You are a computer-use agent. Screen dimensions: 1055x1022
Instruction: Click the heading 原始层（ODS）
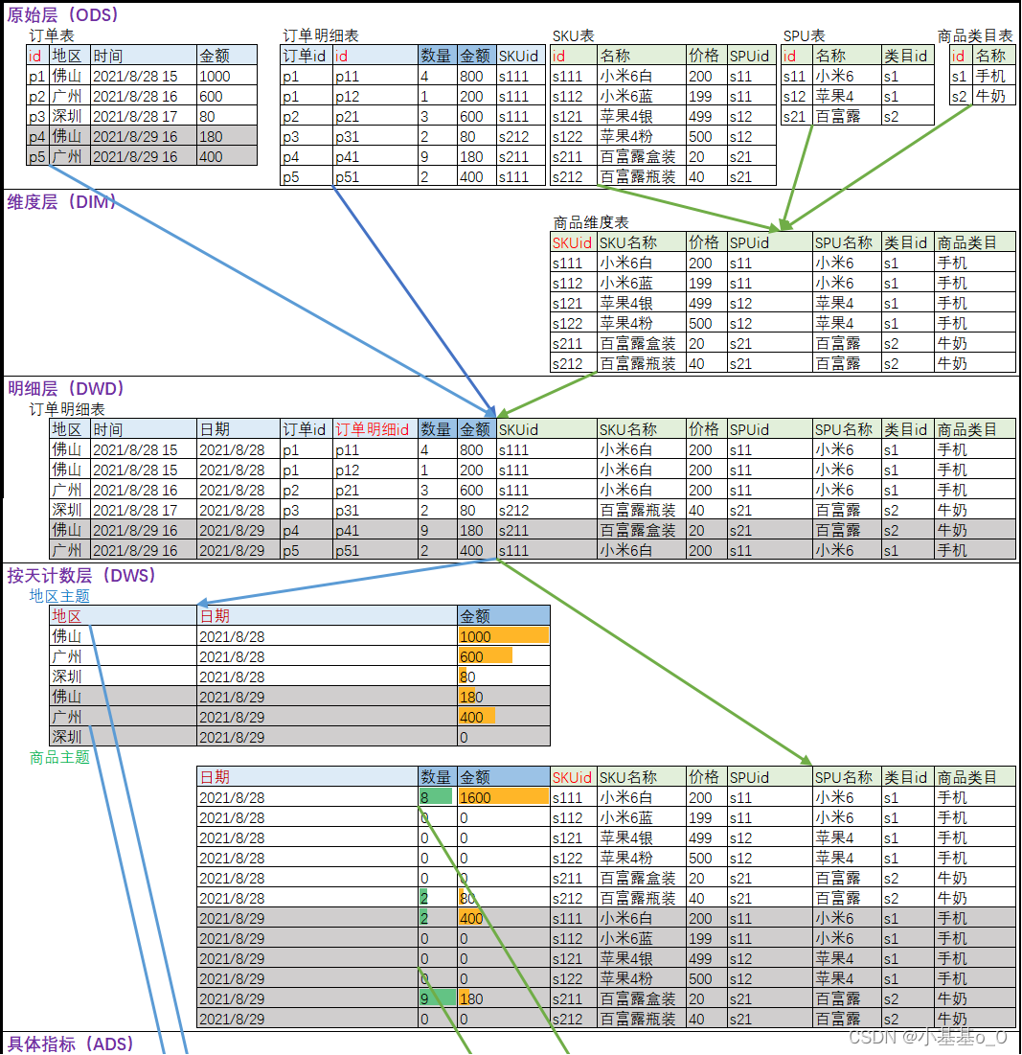click(63, 15)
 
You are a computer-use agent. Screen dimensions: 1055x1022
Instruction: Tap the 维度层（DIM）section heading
click(61, 202)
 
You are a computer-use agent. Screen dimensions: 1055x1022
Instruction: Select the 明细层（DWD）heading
click(66, 389)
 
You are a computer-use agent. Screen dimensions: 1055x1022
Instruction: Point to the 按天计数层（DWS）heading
click(81, 576)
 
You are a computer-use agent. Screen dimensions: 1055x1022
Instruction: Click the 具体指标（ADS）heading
click(71, 1044)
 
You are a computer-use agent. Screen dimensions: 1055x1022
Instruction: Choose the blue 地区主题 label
click(59, 596)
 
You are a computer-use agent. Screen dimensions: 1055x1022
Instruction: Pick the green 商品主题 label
click(59, 758)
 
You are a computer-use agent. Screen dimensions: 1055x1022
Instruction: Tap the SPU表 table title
click(804, 36)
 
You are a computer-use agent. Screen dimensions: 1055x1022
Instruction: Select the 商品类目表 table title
click(975, 36)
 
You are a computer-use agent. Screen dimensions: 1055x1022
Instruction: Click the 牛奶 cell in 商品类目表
click(990, 97)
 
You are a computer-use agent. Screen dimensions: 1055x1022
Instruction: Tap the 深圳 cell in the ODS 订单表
click(67, 117)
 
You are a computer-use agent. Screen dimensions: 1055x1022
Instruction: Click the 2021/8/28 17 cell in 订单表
click(135, 117)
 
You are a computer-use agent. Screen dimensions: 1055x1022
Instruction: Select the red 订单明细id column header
click(373, 430)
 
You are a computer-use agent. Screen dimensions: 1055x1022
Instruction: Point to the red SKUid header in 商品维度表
click(572, 243)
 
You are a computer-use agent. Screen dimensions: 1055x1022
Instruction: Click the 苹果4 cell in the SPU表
click(834, 97)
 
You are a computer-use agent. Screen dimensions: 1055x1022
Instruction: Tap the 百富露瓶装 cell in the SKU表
click(638, 177)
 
